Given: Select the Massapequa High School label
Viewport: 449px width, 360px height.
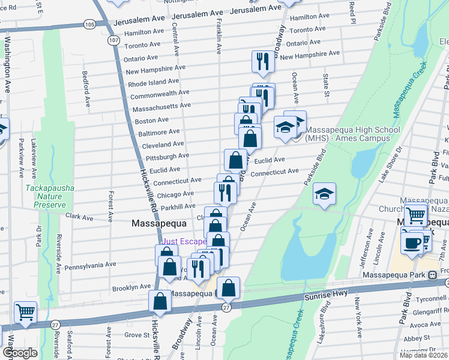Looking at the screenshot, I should (x=352, y=133).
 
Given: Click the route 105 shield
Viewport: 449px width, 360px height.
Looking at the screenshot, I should (x=89, y=24).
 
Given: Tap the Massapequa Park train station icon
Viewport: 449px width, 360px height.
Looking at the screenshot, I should (x=432, y=275).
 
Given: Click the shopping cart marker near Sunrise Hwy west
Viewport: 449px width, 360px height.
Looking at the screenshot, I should (x=25, y=311).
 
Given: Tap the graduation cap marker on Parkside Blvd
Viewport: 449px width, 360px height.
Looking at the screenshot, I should (x=324, y=194).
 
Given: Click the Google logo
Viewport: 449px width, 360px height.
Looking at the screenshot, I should (x=20, y=353).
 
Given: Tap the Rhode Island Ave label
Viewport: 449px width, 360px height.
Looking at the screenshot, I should (x=153, y=82).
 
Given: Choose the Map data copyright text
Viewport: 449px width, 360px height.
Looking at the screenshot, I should (x=424, y=355).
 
